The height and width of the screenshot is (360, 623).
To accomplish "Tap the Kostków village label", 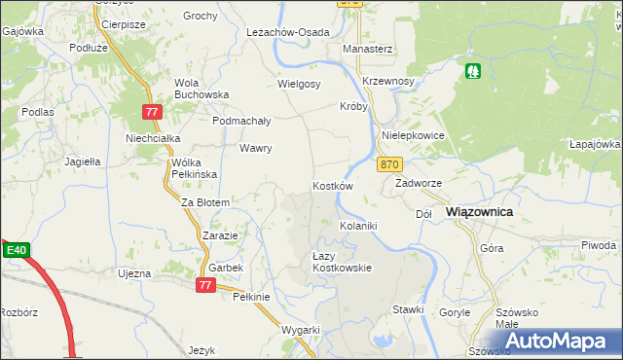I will click(x=332, y=185).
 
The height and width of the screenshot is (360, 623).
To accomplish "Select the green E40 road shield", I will click(x=16, y=251).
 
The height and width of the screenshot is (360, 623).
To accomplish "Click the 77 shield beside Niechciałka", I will click(x=151, y=112).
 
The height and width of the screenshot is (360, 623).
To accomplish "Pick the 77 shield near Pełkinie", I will click(x=204, y=285).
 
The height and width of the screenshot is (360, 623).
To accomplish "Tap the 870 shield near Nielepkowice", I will click(x=390, y=165).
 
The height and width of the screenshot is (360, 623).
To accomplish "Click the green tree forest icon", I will click(x=473, y=70).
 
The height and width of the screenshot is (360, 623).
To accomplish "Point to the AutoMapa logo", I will click(x=560, y=341).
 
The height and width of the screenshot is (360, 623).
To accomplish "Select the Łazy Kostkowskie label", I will click(x=341, y=262).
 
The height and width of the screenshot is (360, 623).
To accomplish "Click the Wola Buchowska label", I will click(x=201, y=89).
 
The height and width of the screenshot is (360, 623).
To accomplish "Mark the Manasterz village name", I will click(x=367, y=48).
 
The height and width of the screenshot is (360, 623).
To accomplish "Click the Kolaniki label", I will click(x=357, y=226).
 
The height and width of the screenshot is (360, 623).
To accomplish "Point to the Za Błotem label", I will click(x=205, y=202).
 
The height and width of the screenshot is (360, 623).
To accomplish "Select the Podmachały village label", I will click(x=241, y=121).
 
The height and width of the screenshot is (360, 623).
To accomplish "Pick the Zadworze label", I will click(x=419, y=182).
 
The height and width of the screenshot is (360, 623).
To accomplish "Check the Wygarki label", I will click(x=301, y=330).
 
